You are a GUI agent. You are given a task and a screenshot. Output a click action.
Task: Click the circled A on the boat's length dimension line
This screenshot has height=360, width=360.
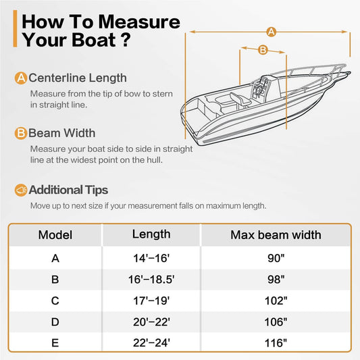coord(271,32)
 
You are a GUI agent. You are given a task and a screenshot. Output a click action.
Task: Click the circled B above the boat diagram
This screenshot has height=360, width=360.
coord(263,49)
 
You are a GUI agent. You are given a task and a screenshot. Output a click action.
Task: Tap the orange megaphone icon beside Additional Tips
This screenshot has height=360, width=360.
coord(21,190)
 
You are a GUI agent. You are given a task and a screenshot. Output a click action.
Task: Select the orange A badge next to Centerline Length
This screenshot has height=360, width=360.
coord(21,78)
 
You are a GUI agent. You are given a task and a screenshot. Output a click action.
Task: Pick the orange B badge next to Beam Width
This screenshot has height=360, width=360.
coord(21,133)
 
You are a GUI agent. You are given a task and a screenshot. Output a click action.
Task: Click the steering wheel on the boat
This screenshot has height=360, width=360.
coord(259,90)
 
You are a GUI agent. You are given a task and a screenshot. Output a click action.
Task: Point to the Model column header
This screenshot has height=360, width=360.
coord(55,235)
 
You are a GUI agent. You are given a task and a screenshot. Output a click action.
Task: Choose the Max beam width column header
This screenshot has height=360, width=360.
coord(276,235)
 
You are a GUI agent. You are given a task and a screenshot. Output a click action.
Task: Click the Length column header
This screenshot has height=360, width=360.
coord(151,234)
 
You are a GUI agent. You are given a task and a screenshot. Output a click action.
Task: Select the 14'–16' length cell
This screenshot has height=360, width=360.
coord(151,258)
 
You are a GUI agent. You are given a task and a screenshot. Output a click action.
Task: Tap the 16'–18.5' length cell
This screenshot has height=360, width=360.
coord(151,280)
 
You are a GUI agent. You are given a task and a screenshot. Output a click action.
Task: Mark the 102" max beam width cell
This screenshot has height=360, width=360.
coord(276,301)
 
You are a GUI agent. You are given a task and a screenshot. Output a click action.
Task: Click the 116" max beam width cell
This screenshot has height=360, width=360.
coord(276,343)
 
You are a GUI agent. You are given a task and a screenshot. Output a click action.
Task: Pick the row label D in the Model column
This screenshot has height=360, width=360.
coord(55,322)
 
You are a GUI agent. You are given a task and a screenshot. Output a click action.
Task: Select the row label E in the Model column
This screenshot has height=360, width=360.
coord(55,343)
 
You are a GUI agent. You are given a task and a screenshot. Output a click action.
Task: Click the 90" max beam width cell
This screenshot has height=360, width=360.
coord(276,258)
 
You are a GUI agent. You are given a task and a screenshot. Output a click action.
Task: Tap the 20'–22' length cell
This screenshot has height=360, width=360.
coord(151,322)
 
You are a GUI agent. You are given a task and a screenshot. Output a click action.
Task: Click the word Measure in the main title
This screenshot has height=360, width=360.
coord(139,22)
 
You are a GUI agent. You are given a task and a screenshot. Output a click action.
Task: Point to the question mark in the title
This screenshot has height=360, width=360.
coord(126,40)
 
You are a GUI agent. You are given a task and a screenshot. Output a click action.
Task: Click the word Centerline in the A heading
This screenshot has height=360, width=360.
coord(57,78)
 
